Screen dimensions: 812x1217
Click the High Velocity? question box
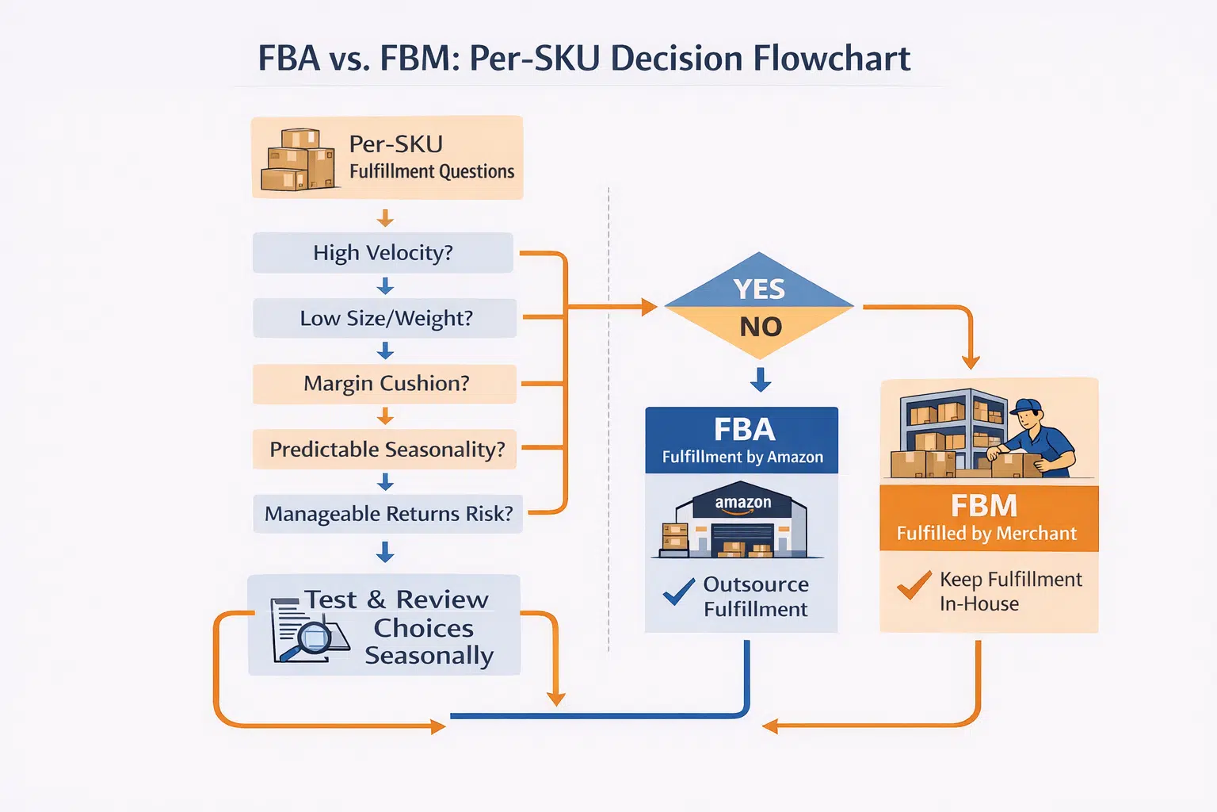point(383,253)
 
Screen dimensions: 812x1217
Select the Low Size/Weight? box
point(385,318)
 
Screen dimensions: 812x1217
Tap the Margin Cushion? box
point(385,384)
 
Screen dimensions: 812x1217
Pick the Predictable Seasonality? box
point(386,450)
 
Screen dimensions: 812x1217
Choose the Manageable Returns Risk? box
point(387,514)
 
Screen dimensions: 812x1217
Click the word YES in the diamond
point(759,289)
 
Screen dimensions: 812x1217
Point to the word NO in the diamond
point(760,327)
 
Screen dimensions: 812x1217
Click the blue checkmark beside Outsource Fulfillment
point(678,592)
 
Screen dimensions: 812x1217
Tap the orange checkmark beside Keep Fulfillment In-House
point(914,586)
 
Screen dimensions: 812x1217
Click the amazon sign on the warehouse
point(742,503)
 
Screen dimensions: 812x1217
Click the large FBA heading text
point(743,430)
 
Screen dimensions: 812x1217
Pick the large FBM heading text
point(983,506)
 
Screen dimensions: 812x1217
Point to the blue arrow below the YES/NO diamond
point(761,380)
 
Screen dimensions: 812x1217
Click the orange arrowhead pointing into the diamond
point(649,307)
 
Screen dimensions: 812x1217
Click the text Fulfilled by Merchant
point(986,534)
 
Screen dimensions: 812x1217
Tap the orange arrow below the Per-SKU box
point(385,218)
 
